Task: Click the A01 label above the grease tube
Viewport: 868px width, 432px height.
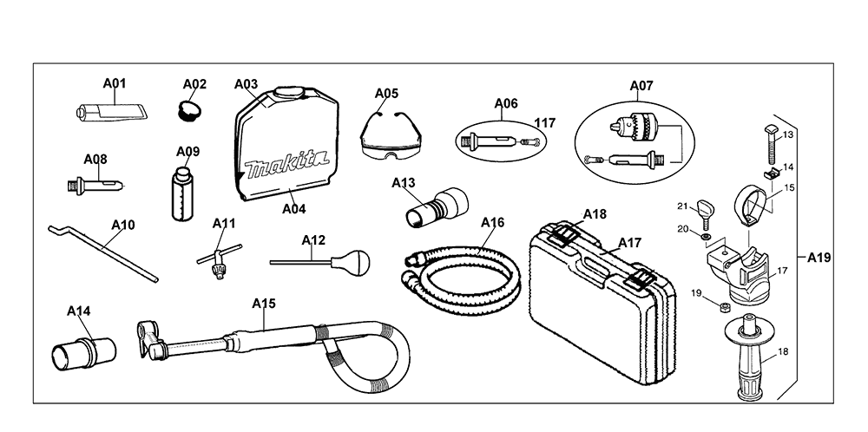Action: coord(115,83)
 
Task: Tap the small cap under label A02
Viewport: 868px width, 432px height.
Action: coord(189,110)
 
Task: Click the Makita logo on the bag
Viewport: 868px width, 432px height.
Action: coord(286,164)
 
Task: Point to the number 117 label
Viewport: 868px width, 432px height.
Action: coord(545,123)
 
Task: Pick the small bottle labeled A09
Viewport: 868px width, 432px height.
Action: coord(182,193)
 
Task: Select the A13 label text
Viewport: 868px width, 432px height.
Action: coord(404,182)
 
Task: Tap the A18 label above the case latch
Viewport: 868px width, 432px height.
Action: coord(595,214)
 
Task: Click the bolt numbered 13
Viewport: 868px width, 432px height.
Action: coord(770,145)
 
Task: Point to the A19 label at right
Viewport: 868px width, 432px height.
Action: coord(819,258)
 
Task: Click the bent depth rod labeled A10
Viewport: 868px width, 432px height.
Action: coord(103,252)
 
